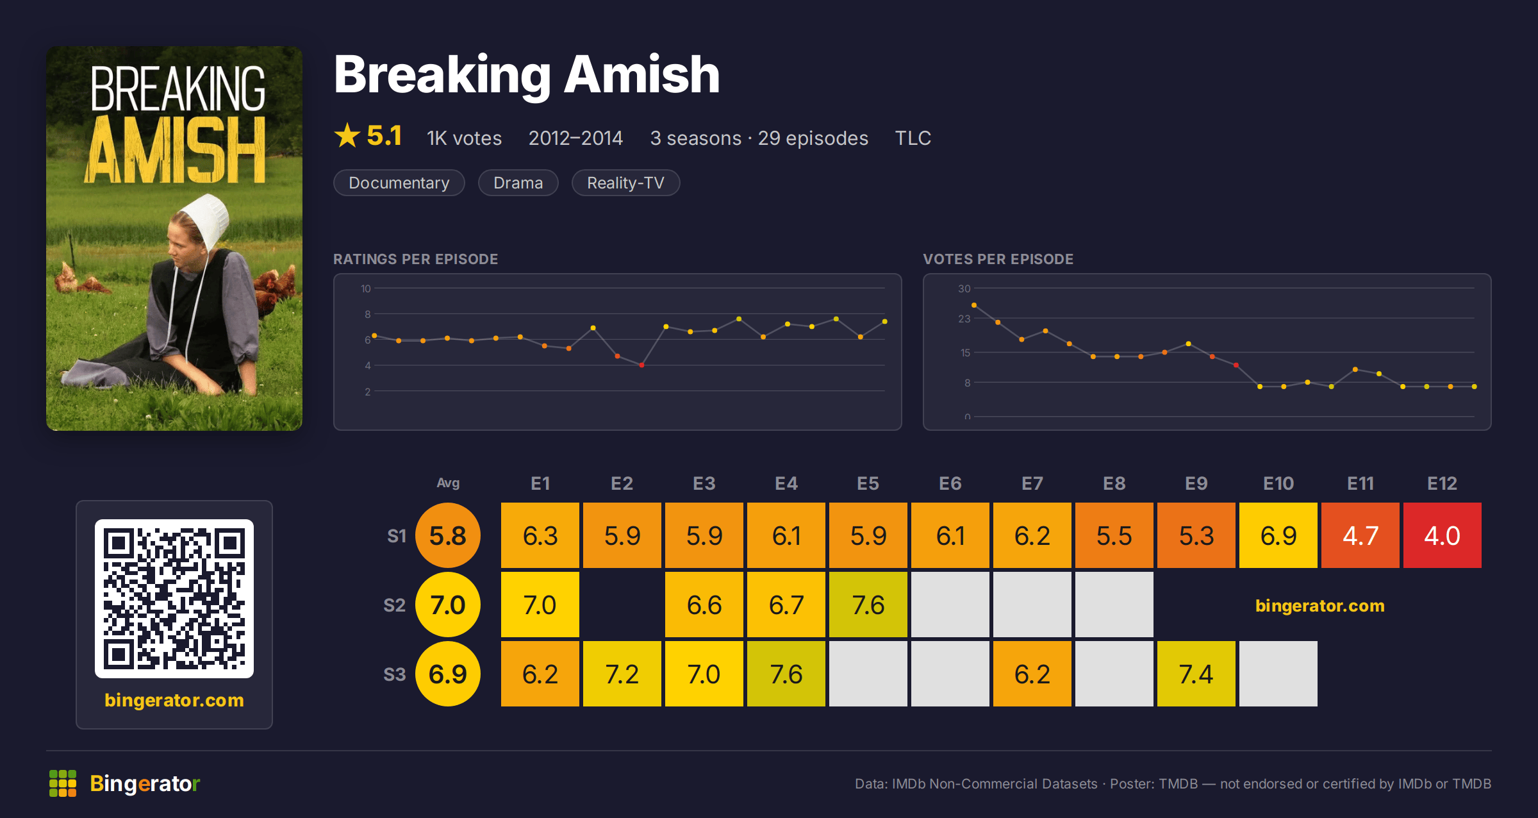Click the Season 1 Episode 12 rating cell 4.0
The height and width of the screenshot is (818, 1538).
tap(1442, 535)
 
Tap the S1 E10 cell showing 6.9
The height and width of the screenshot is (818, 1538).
tap(1278, 535)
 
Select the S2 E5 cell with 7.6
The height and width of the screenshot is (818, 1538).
tap(868, 605)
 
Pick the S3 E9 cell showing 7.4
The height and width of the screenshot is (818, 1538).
tap(1196, 674)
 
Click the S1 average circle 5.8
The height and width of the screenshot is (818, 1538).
tap(448, 535)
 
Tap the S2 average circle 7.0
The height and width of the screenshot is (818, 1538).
tap(448, 605)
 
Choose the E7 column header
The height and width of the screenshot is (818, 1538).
tap(1032, 483)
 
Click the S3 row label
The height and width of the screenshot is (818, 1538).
tap(394, 674)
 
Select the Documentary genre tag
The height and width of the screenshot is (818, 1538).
tap(399, 183)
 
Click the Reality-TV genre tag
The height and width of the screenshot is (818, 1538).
tap(625, 183)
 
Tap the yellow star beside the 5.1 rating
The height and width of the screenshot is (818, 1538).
tap(347, 135)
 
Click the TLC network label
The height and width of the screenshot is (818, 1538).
tap(913, 138)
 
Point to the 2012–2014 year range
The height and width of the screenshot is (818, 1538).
tap(575, 138)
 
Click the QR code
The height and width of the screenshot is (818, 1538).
tap(174, 599)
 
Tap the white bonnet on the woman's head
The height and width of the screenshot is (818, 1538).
tap(206, 221)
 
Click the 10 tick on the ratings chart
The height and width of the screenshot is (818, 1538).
tap(366, 288)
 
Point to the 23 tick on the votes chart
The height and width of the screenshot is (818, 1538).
tap(964, 319)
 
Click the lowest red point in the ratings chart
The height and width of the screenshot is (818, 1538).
tap(641, 365)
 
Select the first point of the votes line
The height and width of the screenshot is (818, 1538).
tap(974, 305)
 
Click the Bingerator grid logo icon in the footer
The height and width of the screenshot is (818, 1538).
tap(63, 783)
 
